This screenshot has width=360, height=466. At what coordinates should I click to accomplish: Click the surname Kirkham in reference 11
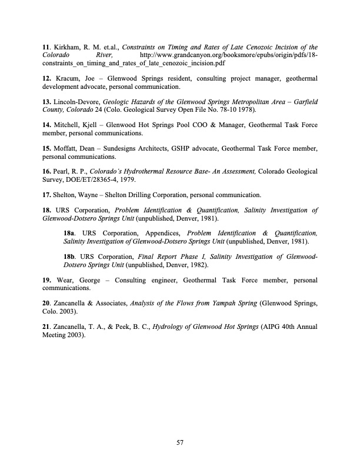tap(66, 48)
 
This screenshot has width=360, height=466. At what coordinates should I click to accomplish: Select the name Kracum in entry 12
tap(66, 78)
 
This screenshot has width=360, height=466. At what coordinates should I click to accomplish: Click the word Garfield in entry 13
tap(302, 102)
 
